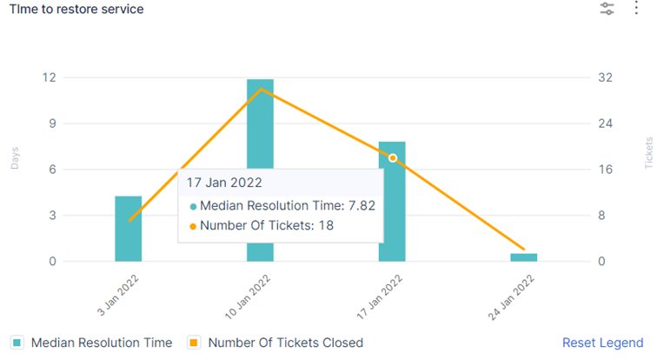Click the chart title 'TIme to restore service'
[x=76, y=9]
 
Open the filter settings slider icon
[x=607, y=9]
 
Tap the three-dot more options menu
[x=636, y=9]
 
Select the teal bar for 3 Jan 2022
[x=128, y=229]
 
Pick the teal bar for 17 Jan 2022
[x=392, y=209]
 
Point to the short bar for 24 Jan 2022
[x=523, y=257]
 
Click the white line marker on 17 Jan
[x=393, y=158]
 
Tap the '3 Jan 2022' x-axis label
[x=118, y=297]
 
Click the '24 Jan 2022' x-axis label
[x=513, y=297]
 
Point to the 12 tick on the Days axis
[x=50, y=77]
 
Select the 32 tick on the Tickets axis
[x=605, y=77]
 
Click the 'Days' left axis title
[x=15, y=158]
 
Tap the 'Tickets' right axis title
[x=649, y=153]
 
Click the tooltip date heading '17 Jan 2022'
[x=225, y=183]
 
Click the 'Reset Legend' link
[x=602, y=343]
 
